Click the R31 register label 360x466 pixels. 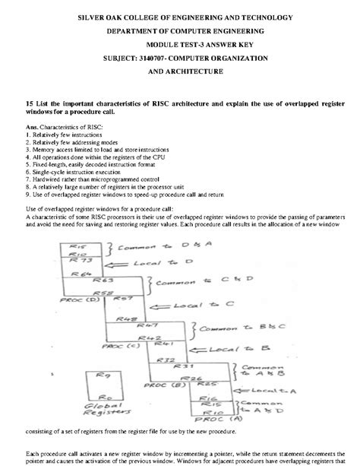click(179, 366)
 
